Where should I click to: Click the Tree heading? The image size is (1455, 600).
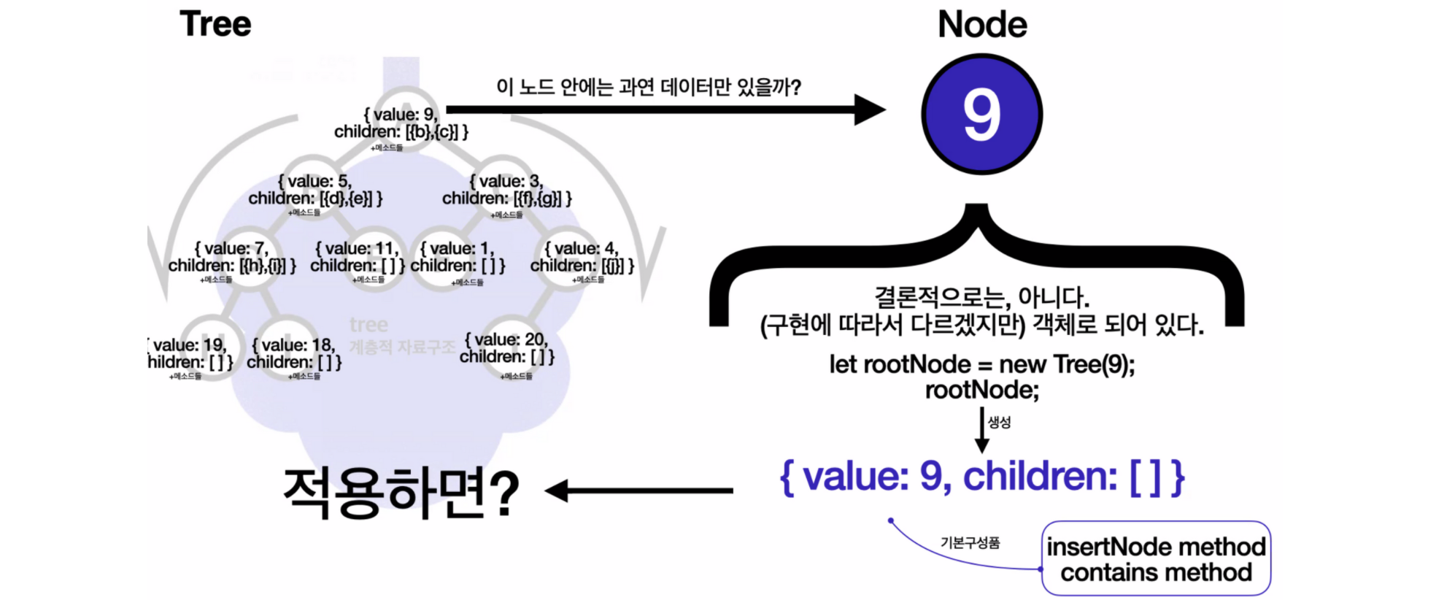coord(215,24)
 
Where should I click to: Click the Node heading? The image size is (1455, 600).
coord(982,25)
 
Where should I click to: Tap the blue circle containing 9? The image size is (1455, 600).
coord(981,115)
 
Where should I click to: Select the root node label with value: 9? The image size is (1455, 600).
coord(401,123)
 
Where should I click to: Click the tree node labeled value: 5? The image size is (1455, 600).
coord(315,190)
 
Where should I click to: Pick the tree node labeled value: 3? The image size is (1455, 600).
coord(506,190)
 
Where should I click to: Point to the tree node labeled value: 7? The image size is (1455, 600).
coord(232,257)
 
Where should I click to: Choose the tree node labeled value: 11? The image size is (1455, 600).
coord(357,257)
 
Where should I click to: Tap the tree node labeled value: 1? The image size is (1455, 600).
coord(458,257)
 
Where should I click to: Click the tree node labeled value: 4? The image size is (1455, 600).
coord(582,257)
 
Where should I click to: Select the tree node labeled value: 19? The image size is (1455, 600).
coord(190,353)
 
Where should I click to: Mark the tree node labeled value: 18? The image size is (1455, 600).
coord(293,353)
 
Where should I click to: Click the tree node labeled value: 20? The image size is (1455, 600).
coord(506,348)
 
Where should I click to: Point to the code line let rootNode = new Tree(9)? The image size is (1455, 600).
coord(981,364)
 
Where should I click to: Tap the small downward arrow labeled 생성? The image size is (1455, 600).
coord(982,431)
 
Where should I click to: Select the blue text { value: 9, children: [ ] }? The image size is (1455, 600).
coord(981,477)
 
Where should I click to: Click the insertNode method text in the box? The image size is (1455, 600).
coord(1156,547)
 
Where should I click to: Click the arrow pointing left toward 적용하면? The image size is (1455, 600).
coord(639,491)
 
